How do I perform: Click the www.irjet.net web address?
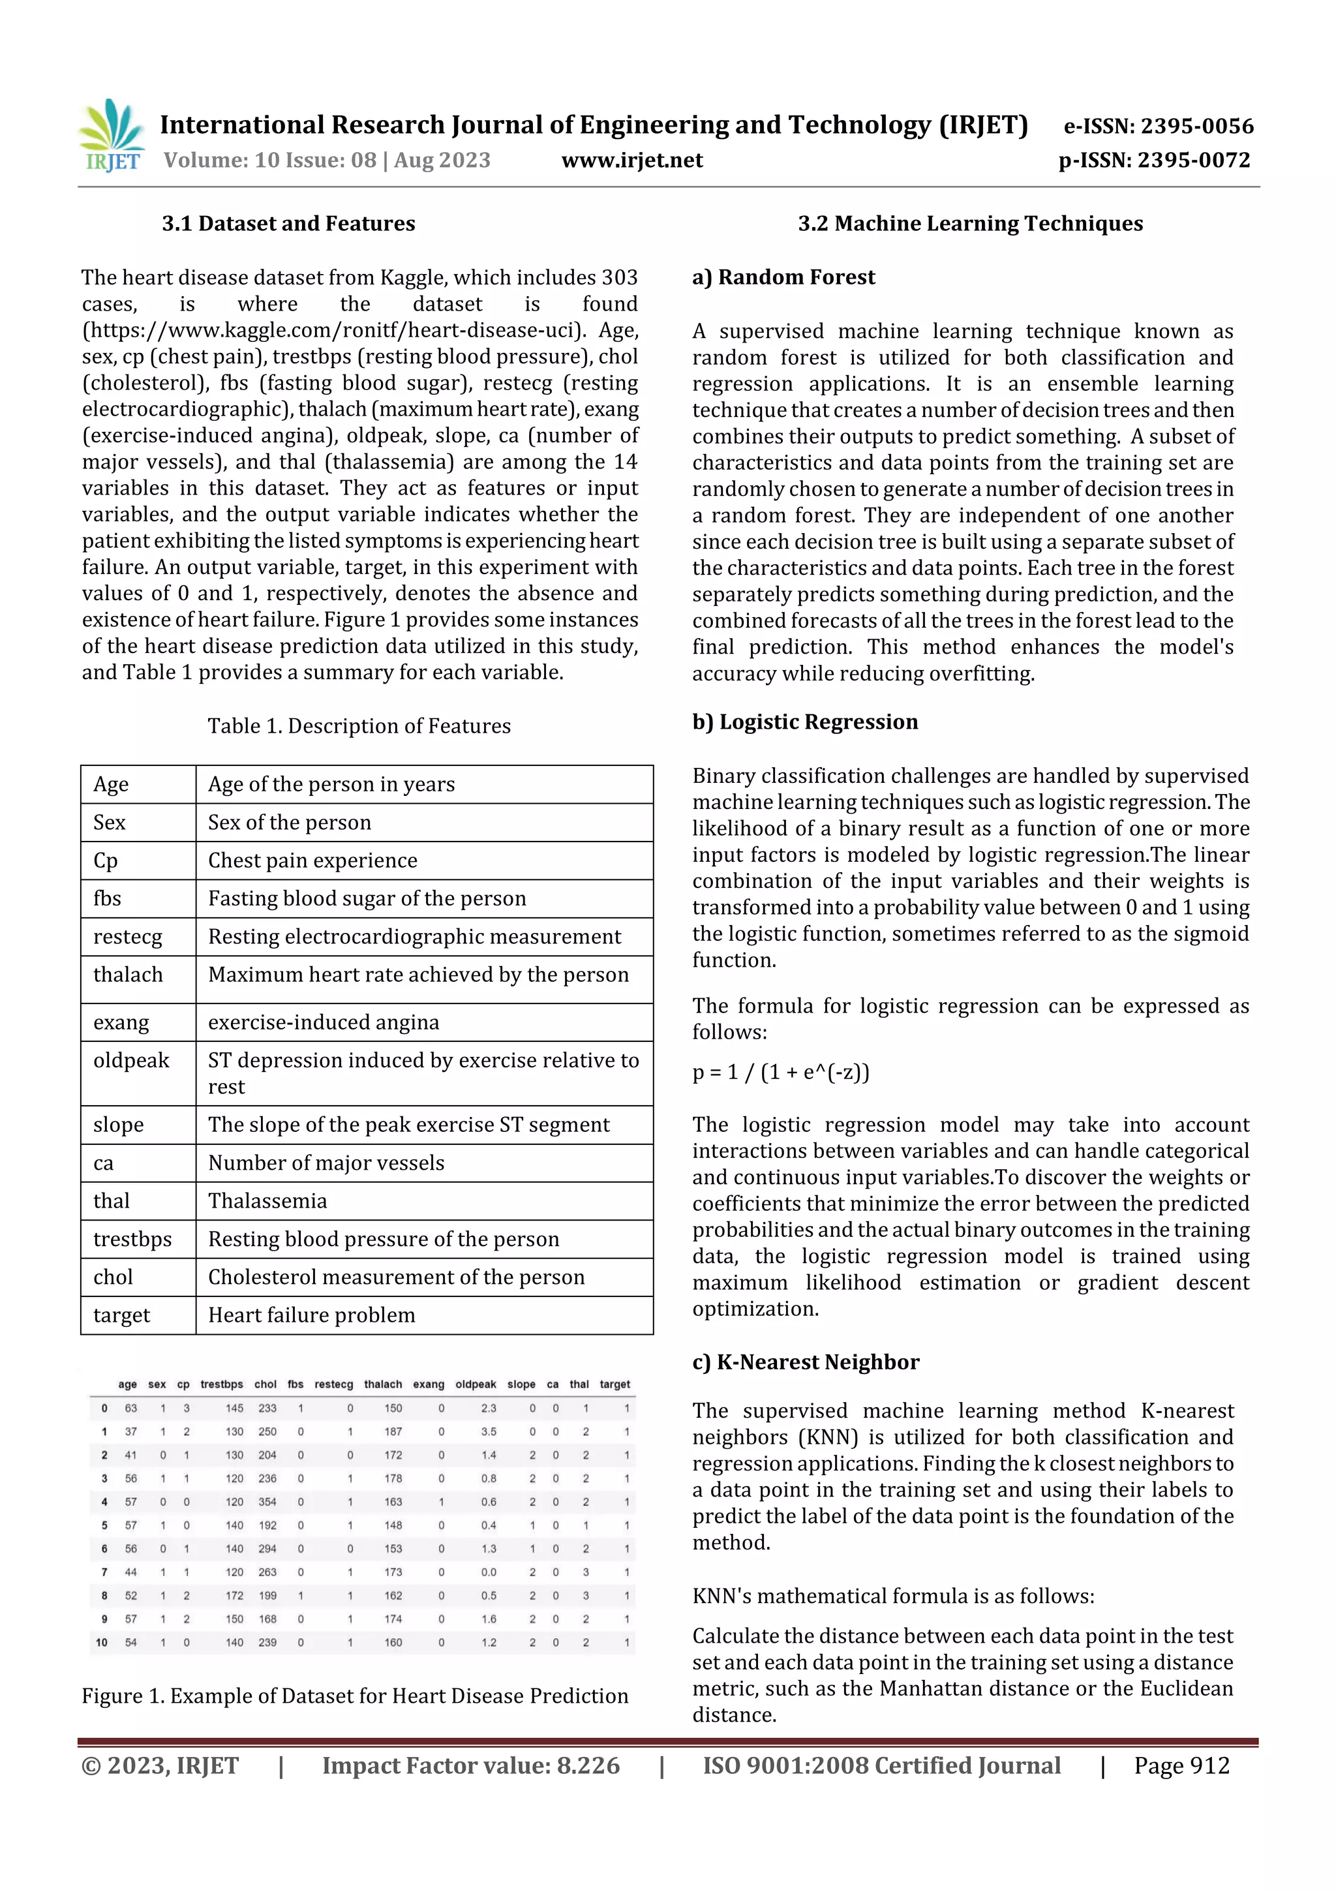[x=631, y=160]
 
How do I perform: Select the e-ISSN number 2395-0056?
[x=1158, y=126]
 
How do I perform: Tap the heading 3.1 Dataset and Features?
[x=288, y=223]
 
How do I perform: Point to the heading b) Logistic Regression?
[x=804, y=722]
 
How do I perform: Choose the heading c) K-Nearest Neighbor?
[x=805, y=1362]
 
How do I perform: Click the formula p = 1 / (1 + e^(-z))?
[x=780, y=1072]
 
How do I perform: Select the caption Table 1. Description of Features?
[x=359, y=726]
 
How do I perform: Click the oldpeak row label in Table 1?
[x=131, y=1060]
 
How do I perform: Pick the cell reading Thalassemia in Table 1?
[x=267, y=1201]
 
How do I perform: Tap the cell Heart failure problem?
[x=311, y=1315]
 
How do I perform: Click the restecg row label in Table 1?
[x=128, y=937]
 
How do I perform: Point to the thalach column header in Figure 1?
[x=383, y=1384]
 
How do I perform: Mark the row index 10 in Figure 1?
[x=101, y=1642]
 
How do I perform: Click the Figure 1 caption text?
[x=355, y=1696]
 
